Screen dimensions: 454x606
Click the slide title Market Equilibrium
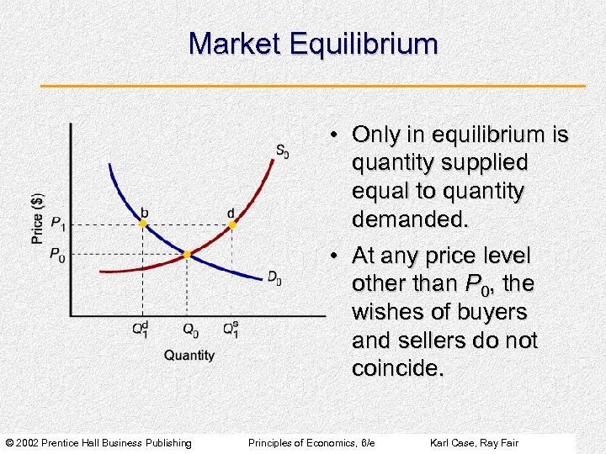313,44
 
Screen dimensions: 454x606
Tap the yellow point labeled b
142,224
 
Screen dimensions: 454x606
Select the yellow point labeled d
231,224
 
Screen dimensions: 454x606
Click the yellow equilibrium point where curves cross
187,253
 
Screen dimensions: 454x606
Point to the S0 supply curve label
282,152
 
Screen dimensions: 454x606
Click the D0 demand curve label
274,277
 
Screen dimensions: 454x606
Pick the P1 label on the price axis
57,224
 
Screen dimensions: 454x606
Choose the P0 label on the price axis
57,255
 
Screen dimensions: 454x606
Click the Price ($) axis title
38,218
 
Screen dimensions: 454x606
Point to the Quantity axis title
189,356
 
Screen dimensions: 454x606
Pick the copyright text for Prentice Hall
98,442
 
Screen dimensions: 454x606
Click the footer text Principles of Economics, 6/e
311,442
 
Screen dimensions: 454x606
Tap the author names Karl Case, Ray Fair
474,442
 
